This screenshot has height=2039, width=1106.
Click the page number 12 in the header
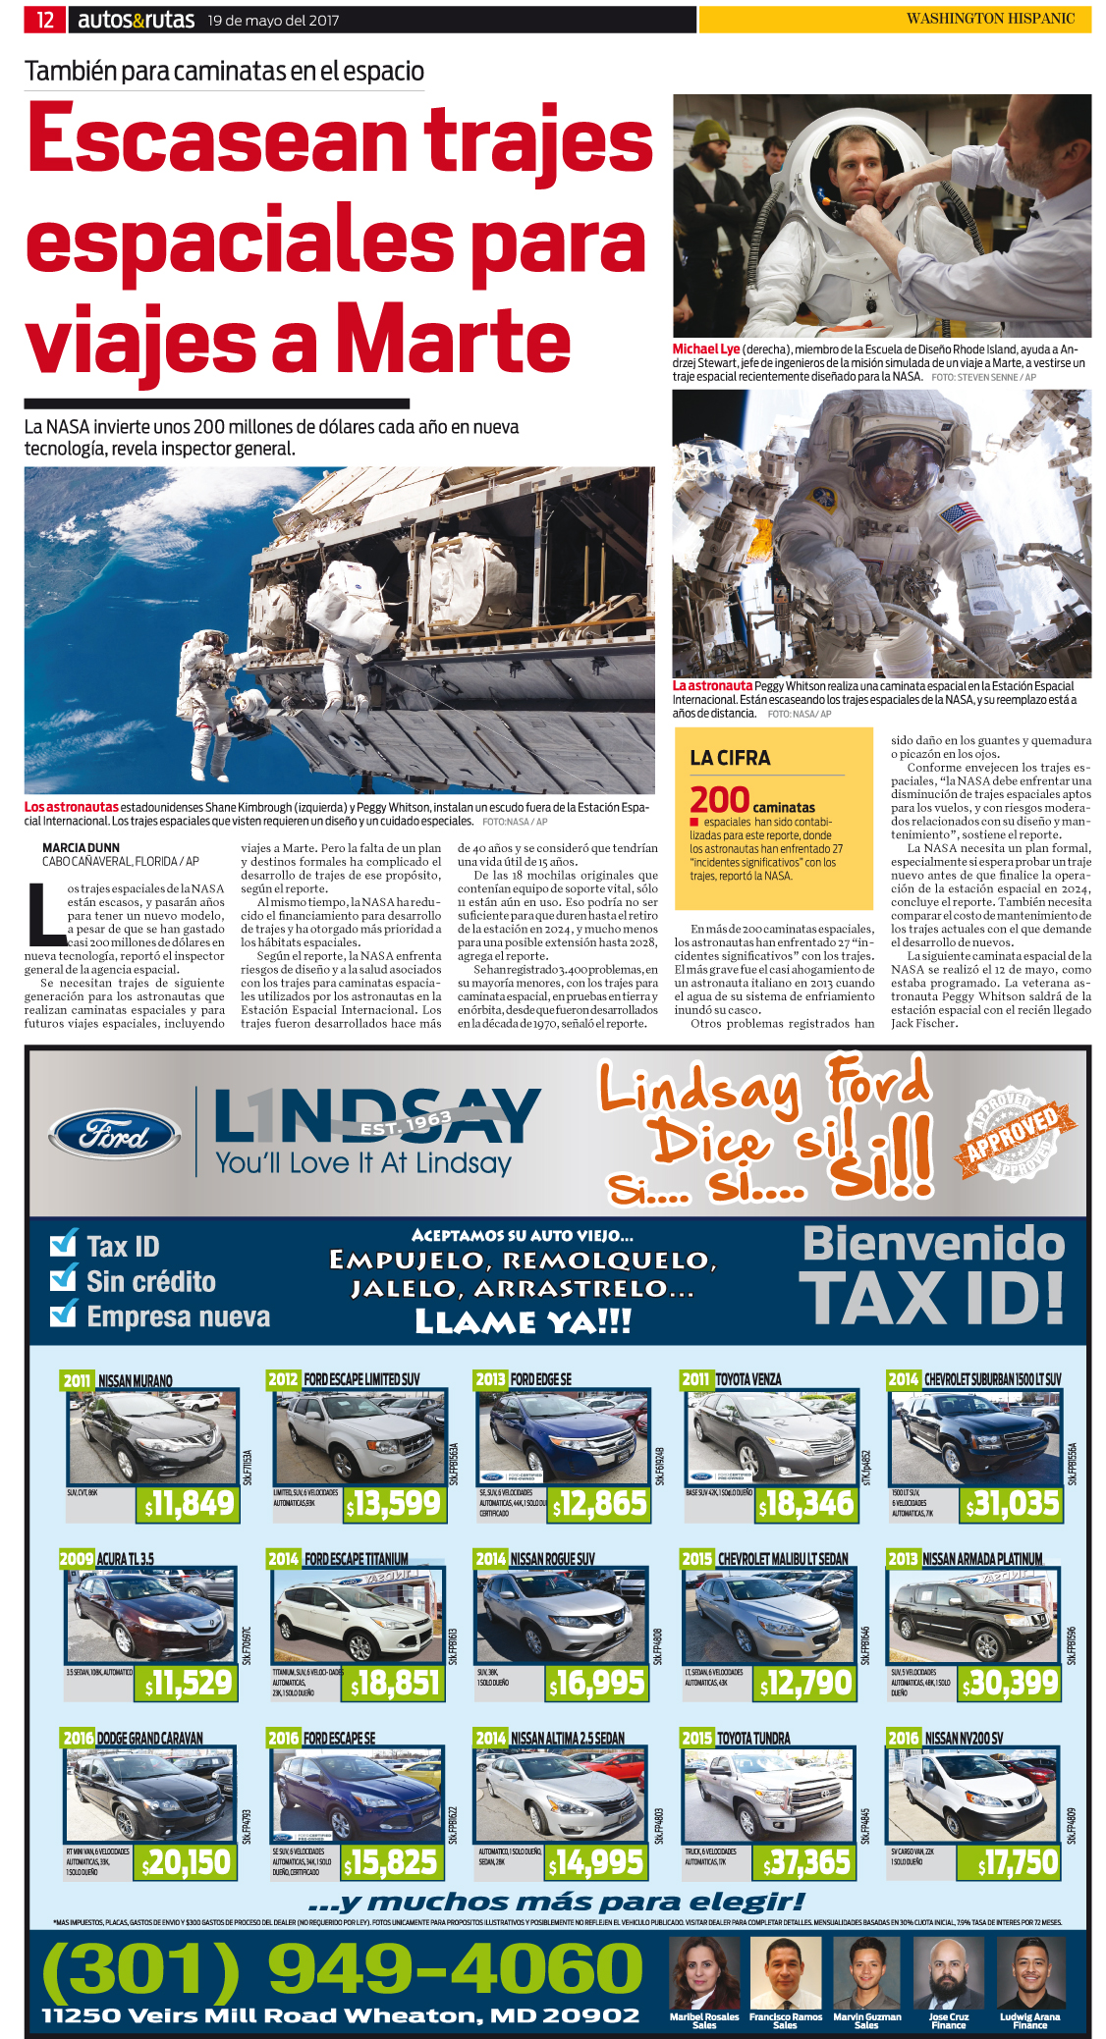click(45, 19)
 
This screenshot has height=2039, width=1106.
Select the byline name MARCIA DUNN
click(81, 847)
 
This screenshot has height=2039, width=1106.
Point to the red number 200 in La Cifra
click(719, 800)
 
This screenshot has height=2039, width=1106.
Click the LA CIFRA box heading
click(730, 758)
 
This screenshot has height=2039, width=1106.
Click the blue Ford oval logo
click(115, 1136)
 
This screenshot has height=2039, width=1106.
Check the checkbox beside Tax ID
click(64, 1244)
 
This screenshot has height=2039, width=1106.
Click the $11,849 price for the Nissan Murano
click(189, 1504)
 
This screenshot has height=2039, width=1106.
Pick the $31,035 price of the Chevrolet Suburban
click(1012, 1504)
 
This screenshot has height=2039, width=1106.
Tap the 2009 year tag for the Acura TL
click(77, 1558)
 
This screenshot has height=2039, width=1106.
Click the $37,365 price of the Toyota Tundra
click(806, 1862)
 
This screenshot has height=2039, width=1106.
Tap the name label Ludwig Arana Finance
click(1030, 2020)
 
